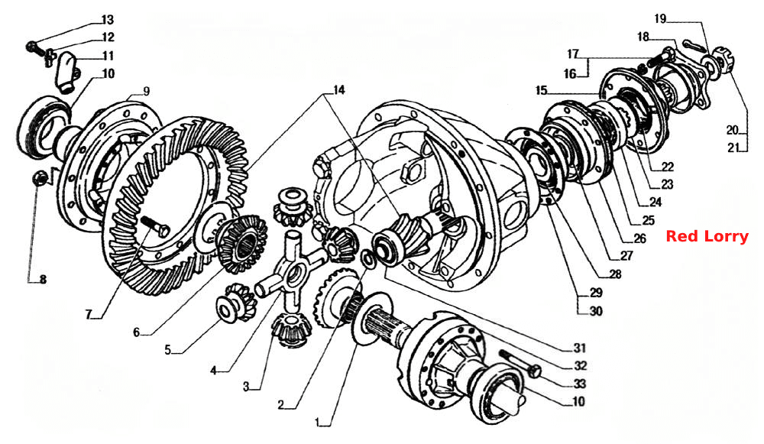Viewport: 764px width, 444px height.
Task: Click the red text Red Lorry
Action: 707,237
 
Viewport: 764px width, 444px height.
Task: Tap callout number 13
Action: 107,20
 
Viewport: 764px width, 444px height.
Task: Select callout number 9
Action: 146,91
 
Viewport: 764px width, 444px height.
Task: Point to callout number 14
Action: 338,90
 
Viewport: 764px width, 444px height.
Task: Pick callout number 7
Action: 89,315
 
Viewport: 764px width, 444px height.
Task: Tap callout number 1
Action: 318,422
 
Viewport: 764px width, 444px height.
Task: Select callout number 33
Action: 579,384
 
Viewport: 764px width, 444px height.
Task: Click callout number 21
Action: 733,147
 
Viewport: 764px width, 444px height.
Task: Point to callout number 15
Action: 542,91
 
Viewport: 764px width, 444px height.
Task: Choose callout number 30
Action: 596,311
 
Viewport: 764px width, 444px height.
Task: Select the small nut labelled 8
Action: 40,178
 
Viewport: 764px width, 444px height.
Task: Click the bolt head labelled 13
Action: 31,47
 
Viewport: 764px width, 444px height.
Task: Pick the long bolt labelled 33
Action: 520,363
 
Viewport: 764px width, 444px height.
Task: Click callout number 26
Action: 639,238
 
